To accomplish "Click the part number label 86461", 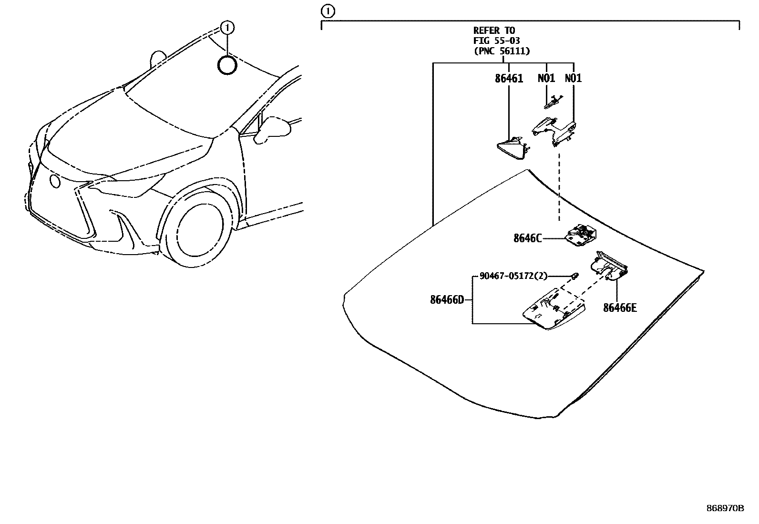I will coord(509,78).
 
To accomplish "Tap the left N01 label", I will coord(546,78).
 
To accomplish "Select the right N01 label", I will coord(573,78).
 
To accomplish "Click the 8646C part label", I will coord(527,238).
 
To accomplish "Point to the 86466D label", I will coord(447,300).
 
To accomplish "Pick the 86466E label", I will coord(620,308).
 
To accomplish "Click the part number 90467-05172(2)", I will coord(513,276).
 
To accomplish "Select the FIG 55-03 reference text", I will coord(496,41).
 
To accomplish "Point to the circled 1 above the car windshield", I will coord(227,28).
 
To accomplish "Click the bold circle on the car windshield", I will coord(227,65).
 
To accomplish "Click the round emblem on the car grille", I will coord(55,181).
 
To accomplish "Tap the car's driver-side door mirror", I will coord(272,130).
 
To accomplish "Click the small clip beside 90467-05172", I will coord(575,276).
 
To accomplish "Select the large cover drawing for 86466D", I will coord(553,311).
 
